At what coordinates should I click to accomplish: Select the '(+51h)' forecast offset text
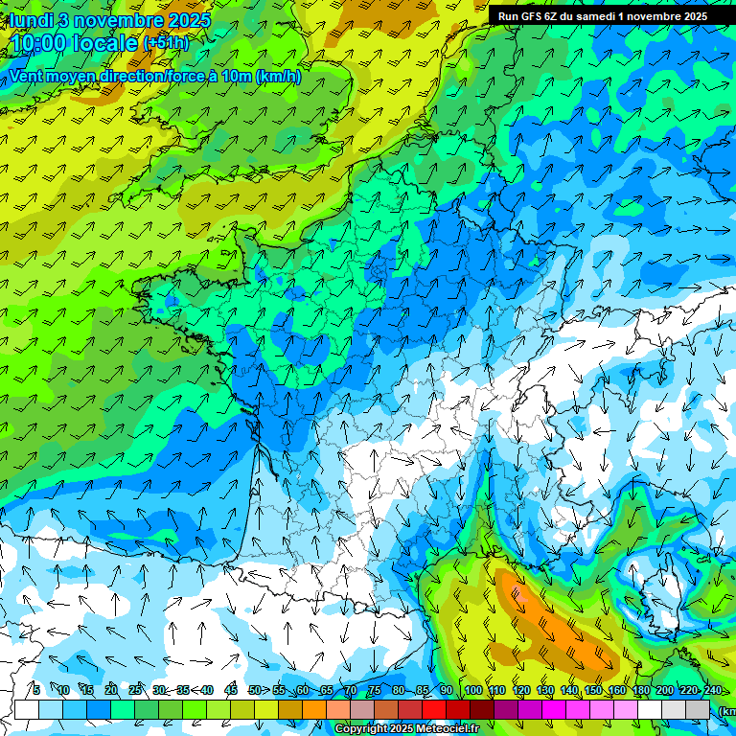(x=166, y=43)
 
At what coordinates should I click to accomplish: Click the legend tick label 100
(x=472, y=690)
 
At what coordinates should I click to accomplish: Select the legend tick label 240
(x=712, y=690)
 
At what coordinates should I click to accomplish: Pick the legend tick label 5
(x=35, y=690)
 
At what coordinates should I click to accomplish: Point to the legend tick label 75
(x=374, y=690)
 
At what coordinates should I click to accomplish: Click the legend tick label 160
(x=616, y=690)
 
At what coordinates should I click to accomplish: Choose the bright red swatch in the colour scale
(x=434, y=709)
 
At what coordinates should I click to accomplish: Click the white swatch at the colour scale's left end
(x=27, y=709)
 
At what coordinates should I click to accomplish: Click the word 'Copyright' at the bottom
(x=361, y=729)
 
